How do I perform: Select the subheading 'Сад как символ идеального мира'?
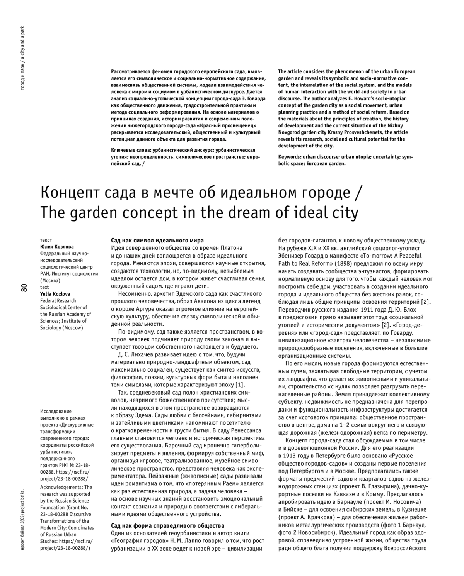157,240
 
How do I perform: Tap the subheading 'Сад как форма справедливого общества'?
167,525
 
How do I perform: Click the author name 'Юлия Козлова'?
57,247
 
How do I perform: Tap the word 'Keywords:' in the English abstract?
290,157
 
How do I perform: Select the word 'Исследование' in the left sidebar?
56,411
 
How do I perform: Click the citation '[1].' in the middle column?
240,385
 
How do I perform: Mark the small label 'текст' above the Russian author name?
46,240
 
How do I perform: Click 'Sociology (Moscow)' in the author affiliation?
61,328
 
